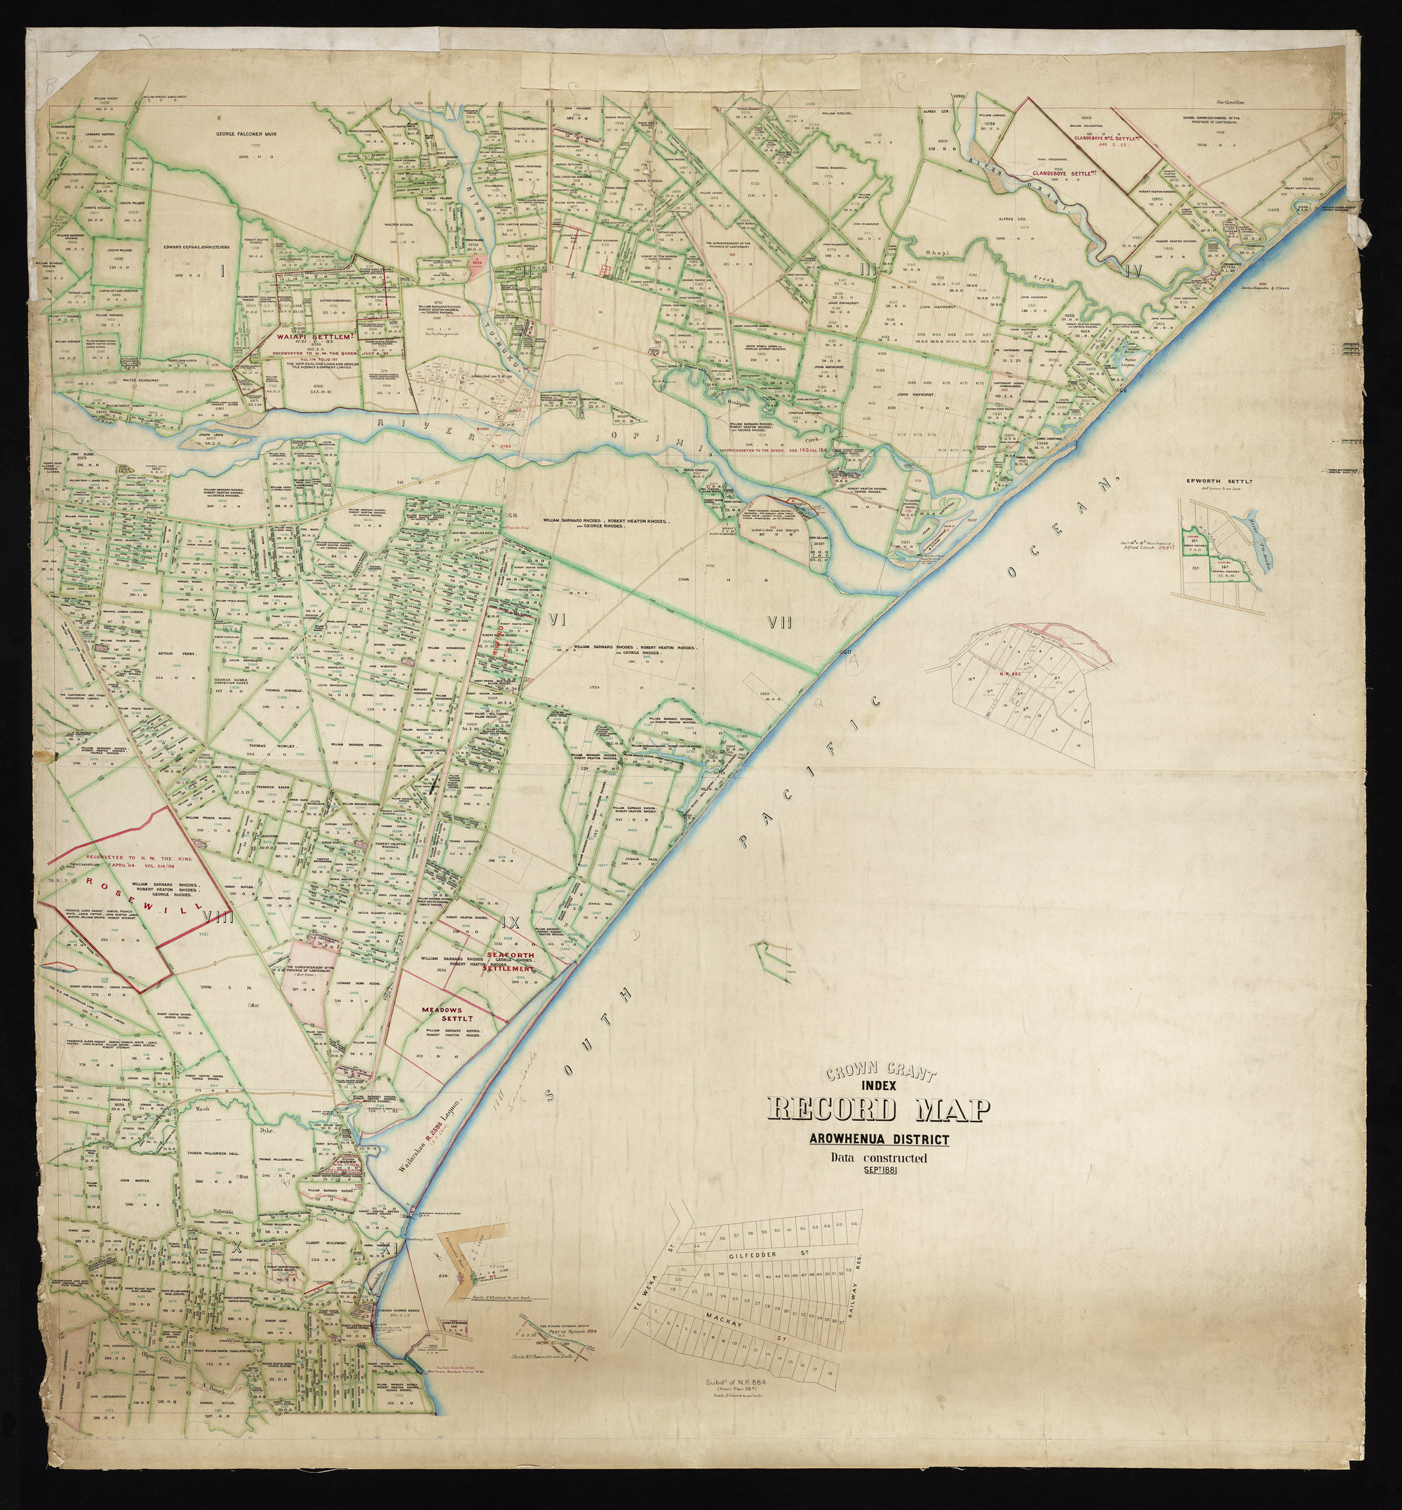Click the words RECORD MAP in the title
click(x=879, y=1110)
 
